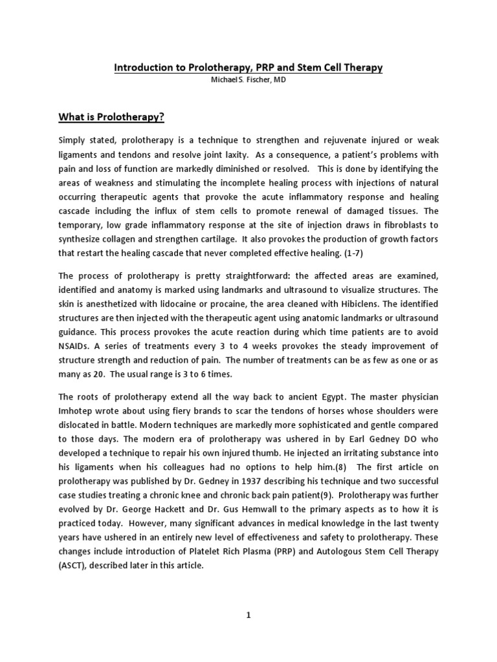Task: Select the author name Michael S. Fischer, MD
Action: pos(248,80)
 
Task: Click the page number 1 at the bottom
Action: pos(248,617)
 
